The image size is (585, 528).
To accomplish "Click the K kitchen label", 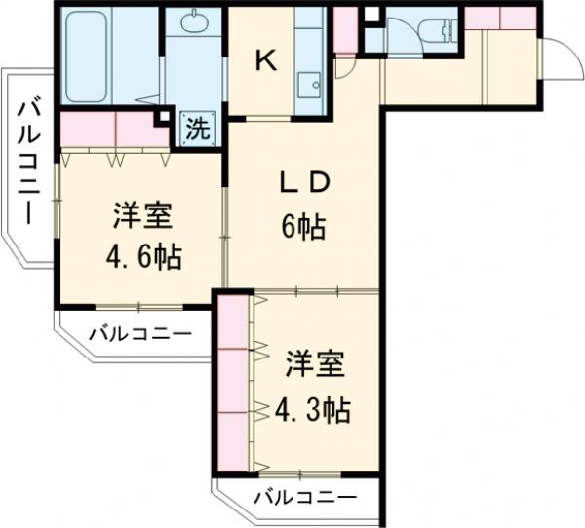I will tap(265, 60).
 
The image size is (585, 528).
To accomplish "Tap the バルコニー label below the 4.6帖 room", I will tap(140, 333).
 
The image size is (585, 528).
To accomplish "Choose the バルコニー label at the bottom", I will tap(305, 498).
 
